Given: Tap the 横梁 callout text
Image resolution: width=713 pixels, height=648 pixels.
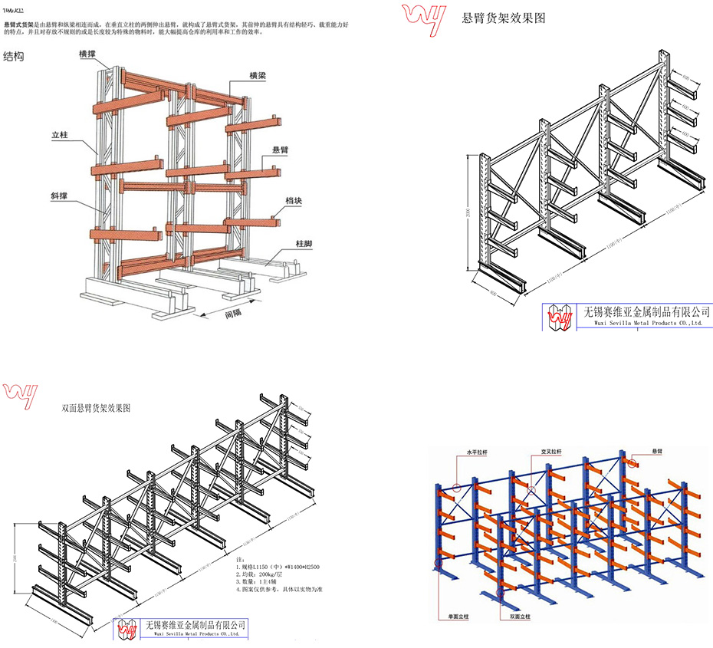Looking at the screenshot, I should [258, 76].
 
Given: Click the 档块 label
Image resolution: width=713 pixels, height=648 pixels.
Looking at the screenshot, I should [293, 200].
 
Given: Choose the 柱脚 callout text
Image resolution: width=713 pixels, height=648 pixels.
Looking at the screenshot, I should [304, 244].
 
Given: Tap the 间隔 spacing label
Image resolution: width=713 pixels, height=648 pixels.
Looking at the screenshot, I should [234, 314].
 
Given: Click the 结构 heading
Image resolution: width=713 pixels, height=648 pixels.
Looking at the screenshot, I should [14, 57].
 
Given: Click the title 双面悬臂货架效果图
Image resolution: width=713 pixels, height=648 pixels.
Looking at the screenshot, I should [95, 409].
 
